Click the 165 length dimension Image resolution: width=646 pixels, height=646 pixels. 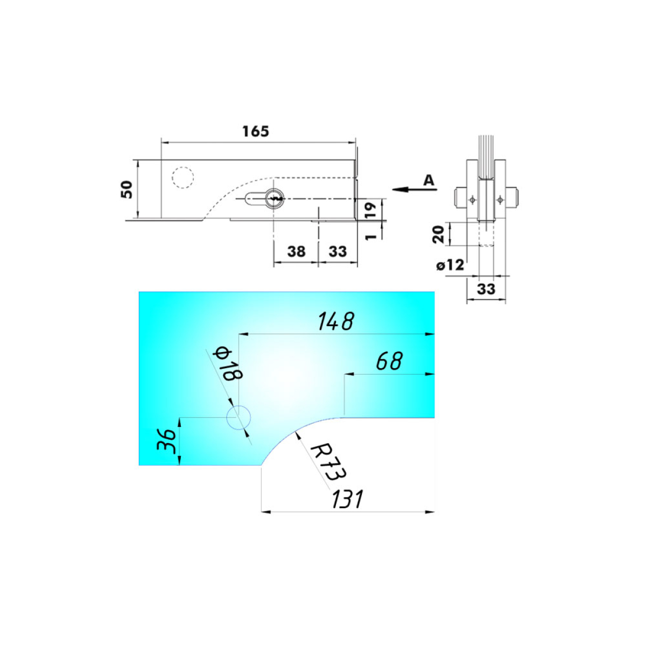pos(256,131)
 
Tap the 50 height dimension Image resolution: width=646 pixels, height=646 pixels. pos(127,189)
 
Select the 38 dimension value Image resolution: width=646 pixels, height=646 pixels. pos(296,251)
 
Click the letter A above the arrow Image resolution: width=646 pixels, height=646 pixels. pos(429,180)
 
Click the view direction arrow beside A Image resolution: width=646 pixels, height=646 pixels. pos(415,189)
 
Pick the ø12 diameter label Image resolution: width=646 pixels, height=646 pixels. pos(450,265)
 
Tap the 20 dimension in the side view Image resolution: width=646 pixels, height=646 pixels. pos(438,234)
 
